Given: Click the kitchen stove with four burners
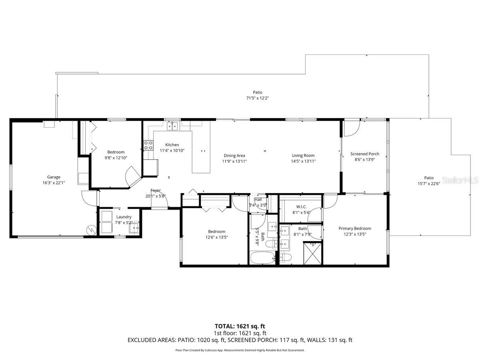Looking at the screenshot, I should [x=148, y=145].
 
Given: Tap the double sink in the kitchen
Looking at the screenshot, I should [x=173, y=126].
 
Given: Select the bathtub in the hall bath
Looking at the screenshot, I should [x=262, y=258].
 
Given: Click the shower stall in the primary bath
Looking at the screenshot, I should [x=313, y=253].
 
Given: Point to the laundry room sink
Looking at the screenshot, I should [x=135, y=227].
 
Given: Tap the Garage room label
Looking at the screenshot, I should [x=54, y=177].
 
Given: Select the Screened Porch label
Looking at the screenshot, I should [x=364, y=154].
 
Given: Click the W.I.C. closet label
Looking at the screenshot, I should [x=301, y=206].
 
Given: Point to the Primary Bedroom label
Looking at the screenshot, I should [x=355, y=229].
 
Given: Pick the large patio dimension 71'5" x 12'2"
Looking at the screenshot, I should [x=257, y=98].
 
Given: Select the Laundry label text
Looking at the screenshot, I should [x=124, y=217].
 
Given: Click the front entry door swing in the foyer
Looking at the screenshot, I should [x=159, y=203].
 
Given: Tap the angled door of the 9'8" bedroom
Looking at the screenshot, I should [x=132, y=176].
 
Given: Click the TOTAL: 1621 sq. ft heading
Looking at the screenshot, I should [x=240, y=326].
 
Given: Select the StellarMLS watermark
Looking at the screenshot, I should [x=460, y=181].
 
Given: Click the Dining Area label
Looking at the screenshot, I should [x=234, y=156].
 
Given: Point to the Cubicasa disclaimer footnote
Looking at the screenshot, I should [x=240, y=350].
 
